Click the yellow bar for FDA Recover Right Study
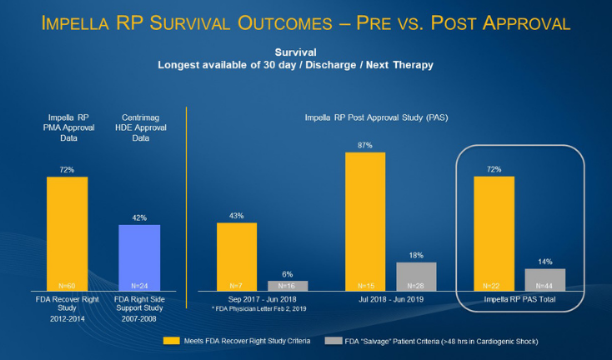pyautogui.click(x=67, y=233)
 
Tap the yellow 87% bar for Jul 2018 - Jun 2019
pyautogui.click(x=365, y=221)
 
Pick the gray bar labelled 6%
pyautogui.click(x=287, y=285)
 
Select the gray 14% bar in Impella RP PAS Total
pyautogui.click(x=544, y=279)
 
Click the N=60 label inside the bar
pyautogui.click(x=67, y=285)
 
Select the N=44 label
pyautogui.click(x=544, y=285)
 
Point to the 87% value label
pyautogui.click(x=365, y=146)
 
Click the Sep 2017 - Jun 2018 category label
pyautogui.click(x=261, y=298)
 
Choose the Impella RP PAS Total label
pyautogui.click(x=520, y=298)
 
